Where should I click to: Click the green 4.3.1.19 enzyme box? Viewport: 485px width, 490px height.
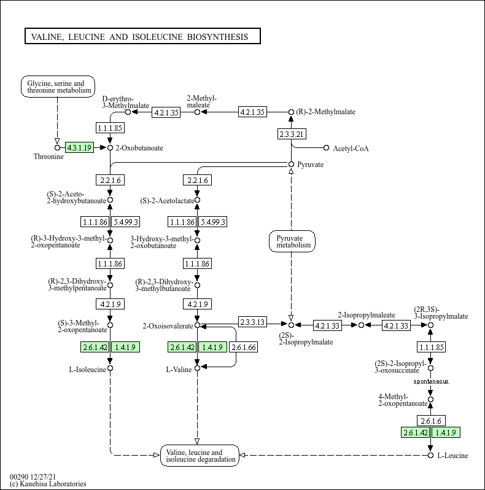point(79,147)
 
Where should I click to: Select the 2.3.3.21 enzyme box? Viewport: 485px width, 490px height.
point(292,134)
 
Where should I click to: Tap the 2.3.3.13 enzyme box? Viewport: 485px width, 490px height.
point(252,322)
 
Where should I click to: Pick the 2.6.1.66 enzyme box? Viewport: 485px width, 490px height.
point(244,347)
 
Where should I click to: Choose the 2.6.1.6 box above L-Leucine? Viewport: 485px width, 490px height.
point(430,421)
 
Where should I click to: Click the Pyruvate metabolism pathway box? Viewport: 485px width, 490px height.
point(292,241)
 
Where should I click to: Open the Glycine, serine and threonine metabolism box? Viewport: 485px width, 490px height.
point(58,87)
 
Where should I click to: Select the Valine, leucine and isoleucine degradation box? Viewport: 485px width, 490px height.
point(200,456)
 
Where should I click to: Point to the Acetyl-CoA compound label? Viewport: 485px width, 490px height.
point(351,148)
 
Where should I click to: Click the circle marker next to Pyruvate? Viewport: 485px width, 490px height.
point(292,164)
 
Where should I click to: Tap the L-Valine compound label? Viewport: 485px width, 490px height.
point(179,369)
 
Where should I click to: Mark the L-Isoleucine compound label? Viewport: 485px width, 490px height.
point(86,369)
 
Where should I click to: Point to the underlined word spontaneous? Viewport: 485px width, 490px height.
point(430,381)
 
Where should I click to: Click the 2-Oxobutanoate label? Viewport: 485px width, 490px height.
point(139,148)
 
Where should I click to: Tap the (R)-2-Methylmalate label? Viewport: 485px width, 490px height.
point(325,112)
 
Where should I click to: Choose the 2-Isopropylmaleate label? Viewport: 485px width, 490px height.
point(367,315)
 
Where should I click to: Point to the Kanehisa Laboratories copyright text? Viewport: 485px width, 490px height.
point(49,484)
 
